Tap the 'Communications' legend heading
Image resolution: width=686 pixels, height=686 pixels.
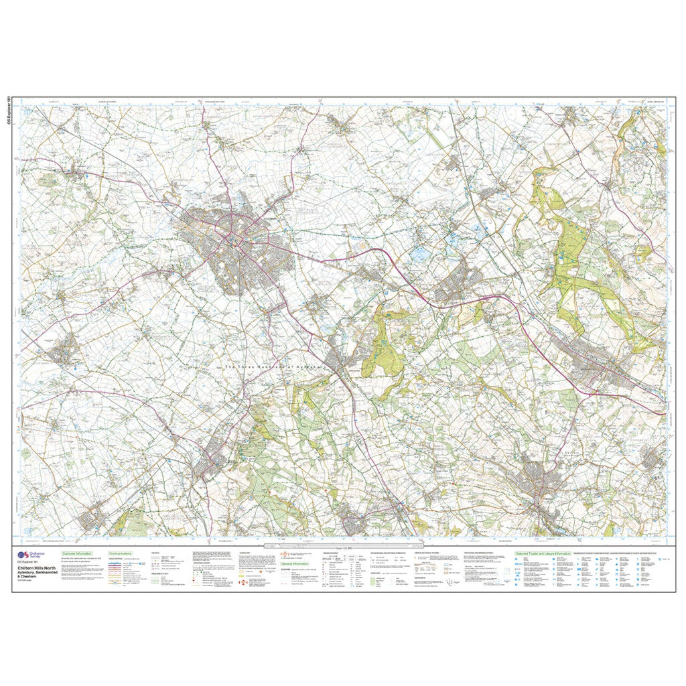click(121, 554)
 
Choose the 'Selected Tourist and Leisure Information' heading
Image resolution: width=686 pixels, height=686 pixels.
click(543, 554)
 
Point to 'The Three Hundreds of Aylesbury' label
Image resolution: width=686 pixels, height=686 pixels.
click(275, 367)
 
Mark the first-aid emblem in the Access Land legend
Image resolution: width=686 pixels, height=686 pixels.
click(243, 583)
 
